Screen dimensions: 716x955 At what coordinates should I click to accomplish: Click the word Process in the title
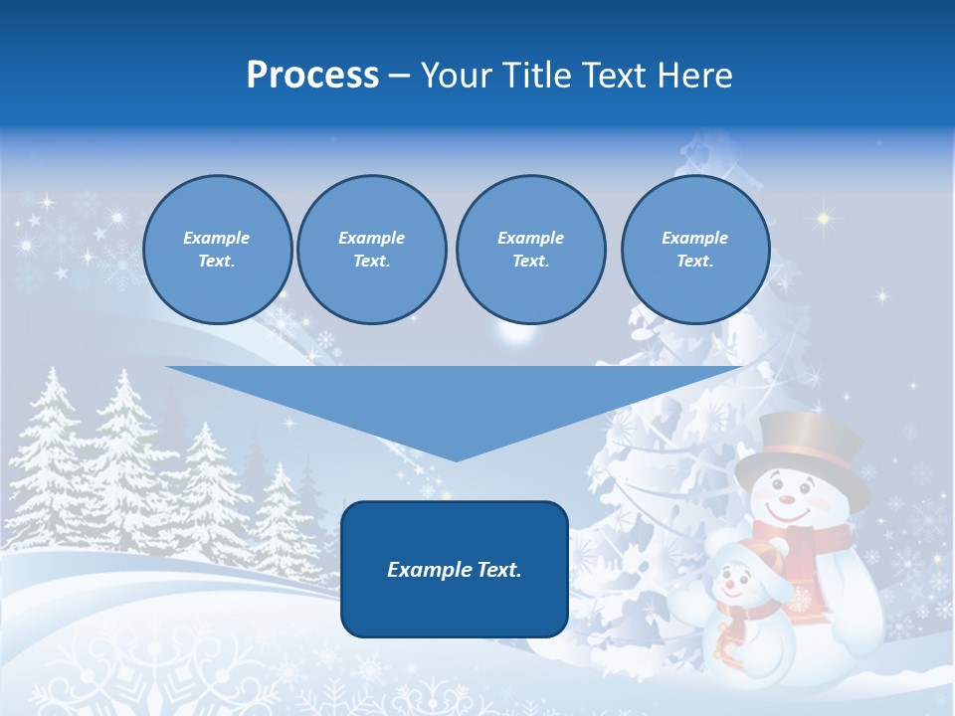[x=312, y=76]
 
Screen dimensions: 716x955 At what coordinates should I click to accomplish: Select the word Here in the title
[x=693, y=76]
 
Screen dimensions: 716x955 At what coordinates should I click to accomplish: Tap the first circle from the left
[x=217, y=250]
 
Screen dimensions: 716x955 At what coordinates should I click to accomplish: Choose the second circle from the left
[x=371, y=250]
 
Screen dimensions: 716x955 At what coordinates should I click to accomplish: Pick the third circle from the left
[x=530, y=250]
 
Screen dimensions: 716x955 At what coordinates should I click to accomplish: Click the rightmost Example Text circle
[x=694, y=250]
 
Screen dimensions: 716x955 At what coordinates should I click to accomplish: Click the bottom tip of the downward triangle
[x=455, y=459]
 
